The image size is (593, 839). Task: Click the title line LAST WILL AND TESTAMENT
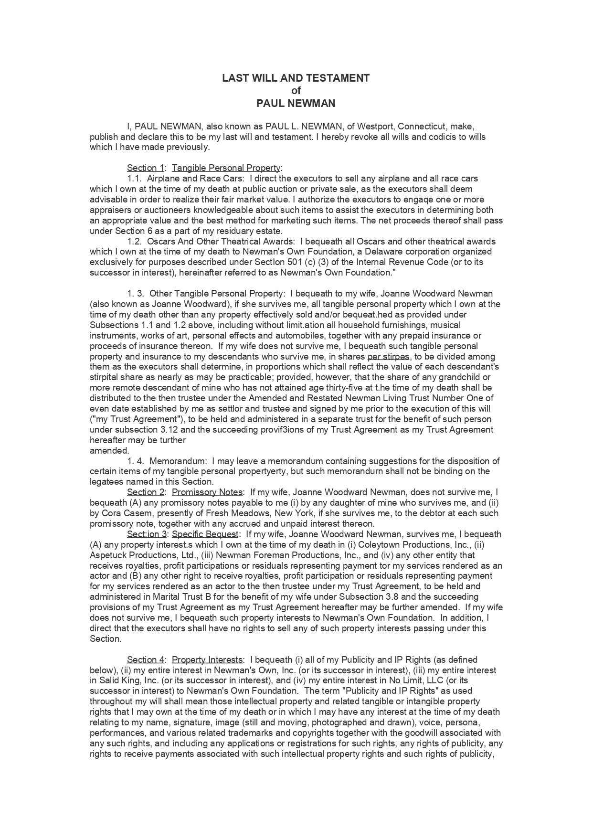[x=296, y=78]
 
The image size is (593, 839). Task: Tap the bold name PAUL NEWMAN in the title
[x=296, y=104]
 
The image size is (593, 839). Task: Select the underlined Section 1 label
[x=145, y=168]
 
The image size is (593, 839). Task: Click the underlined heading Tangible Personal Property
[x=226, y=168]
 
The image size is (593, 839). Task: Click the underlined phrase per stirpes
[x=388, y=357]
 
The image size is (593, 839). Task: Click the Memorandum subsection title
[x=178, y=461]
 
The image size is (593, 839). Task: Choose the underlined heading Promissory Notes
[x=207, y=492]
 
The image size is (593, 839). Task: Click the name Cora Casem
[x=126, y=513]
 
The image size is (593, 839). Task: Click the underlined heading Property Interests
[x=207, y=660]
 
